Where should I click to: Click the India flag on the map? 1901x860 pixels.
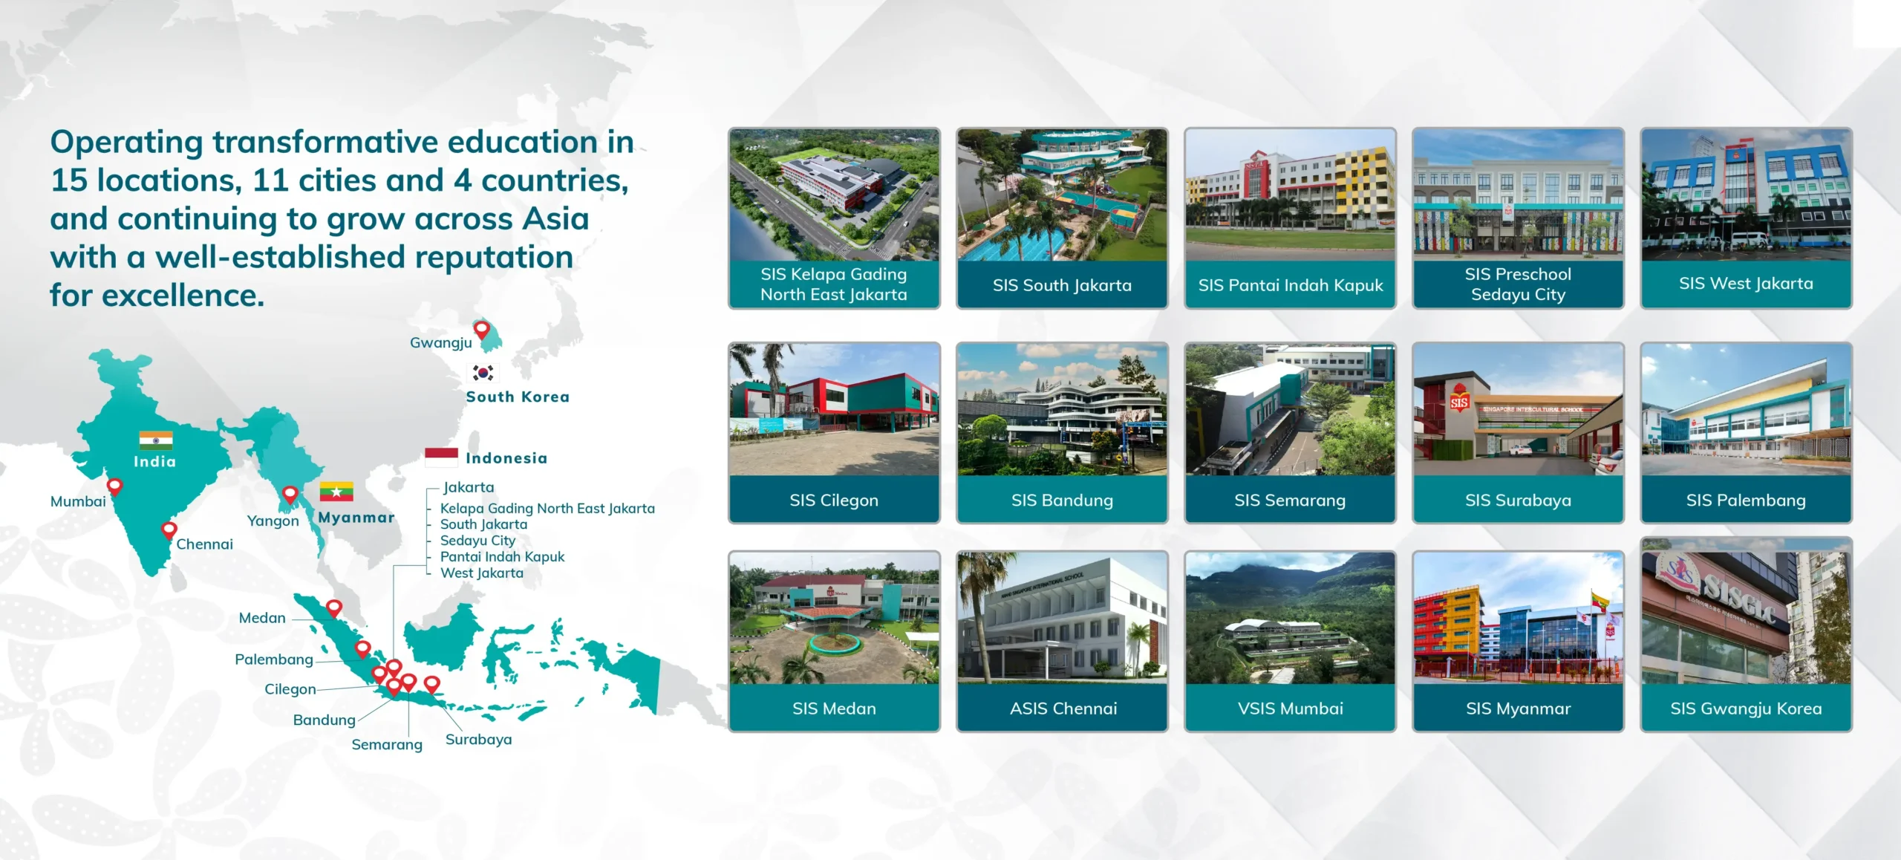pyautogui.click(x=156, y=440)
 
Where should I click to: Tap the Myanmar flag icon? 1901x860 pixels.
pyautogui.click(x=336, y=491)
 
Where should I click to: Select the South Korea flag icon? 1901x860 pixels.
pyautogui.click(x=483, y=373)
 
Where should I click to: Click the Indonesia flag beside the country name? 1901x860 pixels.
pyautogui.click(x=441, y=457)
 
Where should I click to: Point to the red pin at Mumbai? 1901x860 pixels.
pyautogui.click(x=114, y=486)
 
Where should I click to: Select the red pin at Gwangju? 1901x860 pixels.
pyautogui.click(x=482, y=329)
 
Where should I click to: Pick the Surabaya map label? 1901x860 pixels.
pyautogui.click(x=479, y=740)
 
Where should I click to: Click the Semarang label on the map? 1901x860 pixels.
pyautogui.click(x=387, y=744)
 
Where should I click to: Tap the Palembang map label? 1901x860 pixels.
pyautogui.click(x=274, y=659)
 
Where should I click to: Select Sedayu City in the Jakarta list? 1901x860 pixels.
pyautogui.click(x=477, y=541)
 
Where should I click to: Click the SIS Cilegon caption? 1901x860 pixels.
pyautogui.click(x=834, y=501)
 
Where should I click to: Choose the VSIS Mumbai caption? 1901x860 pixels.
pyautogui.click(x=1291, y=708)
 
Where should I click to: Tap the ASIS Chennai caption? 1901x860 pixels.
pyautogui.click(x=1063, y=708)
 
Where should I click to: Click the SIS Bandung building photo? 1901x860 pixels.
pyautogui.click(x=1063, y=410)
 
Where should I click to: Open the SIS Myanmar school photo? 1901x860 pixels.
pyautogui.click(x=1519, y=618)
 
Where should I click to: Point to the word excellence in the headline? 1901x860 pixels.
pyautogui.click(x=183, y=296)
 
